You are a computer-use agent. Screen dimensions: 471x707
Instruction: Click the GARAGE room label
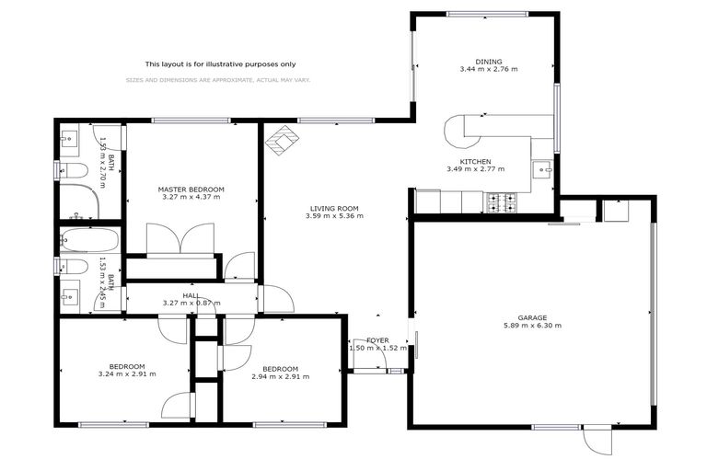[x=532, y=316]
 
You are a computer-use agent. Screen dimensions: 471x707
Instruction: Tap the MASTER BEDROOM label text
[x=191, y=189]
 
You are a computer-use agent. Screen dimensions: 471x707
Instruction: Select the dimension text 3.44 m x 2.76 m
[x=489, y=69]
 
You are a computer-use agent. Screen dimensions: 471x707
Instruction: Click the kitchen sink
[x=543, y=171]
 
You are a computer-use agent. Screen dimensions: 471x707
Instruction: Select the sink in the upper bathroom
[x=70, y=141]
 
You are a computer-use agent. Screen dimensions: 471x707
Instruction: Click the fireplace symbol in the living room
[x=282, y=140]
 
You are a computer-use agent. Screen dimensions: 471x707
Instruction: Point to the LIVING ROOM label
[x=334, y=208]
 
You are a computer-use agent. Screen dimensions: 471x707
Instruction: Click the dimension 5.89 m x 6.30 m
[x=532, y=326]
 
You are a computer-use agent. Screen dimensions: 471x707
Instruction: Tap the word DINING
[x=489, y=60]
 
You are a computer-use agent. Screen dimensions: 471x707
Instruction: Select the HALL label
[x=191, y=295]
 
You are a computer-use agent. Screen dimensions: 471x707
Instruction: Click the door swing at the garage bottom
[x=595, y=440]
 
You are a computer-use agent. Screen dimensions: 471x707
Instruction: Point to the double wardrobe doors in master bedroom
[x=181, y=241]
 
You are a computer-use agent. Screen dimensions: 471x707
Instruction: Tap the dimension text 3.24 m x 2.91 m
[x=127, y=374]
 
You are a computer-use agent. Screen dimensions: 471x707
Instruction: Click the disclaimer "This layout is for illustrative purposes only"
[x=220, y=63]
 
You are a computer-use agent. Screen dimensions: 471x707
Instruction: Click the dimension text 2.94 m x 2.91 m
[x=280, y=376]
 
